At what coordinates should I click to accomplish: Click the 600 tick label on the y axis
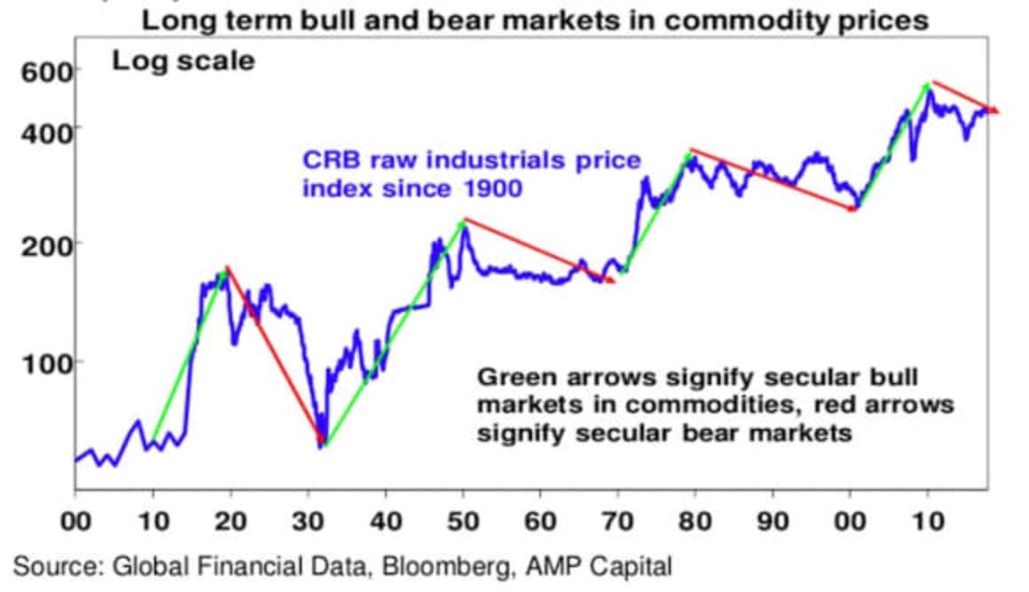(38, 71)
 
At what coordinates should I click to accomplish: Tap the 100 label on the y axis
(38, 362)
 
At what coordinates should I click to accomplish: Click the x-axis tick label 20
(231, 520)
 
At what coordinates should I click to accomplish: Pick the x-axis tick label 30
(309, 520)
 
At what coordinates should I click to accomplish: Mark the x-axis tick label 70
(618, 520)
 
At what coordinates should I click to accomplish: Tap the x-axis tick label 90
(773, 520)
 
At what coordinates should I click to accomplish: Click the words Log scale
(183, 61)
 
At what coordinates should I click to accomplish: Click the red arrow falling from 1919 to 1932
(275, 354)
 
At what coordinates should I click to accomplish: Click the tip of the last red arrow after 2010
(999, 113)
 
